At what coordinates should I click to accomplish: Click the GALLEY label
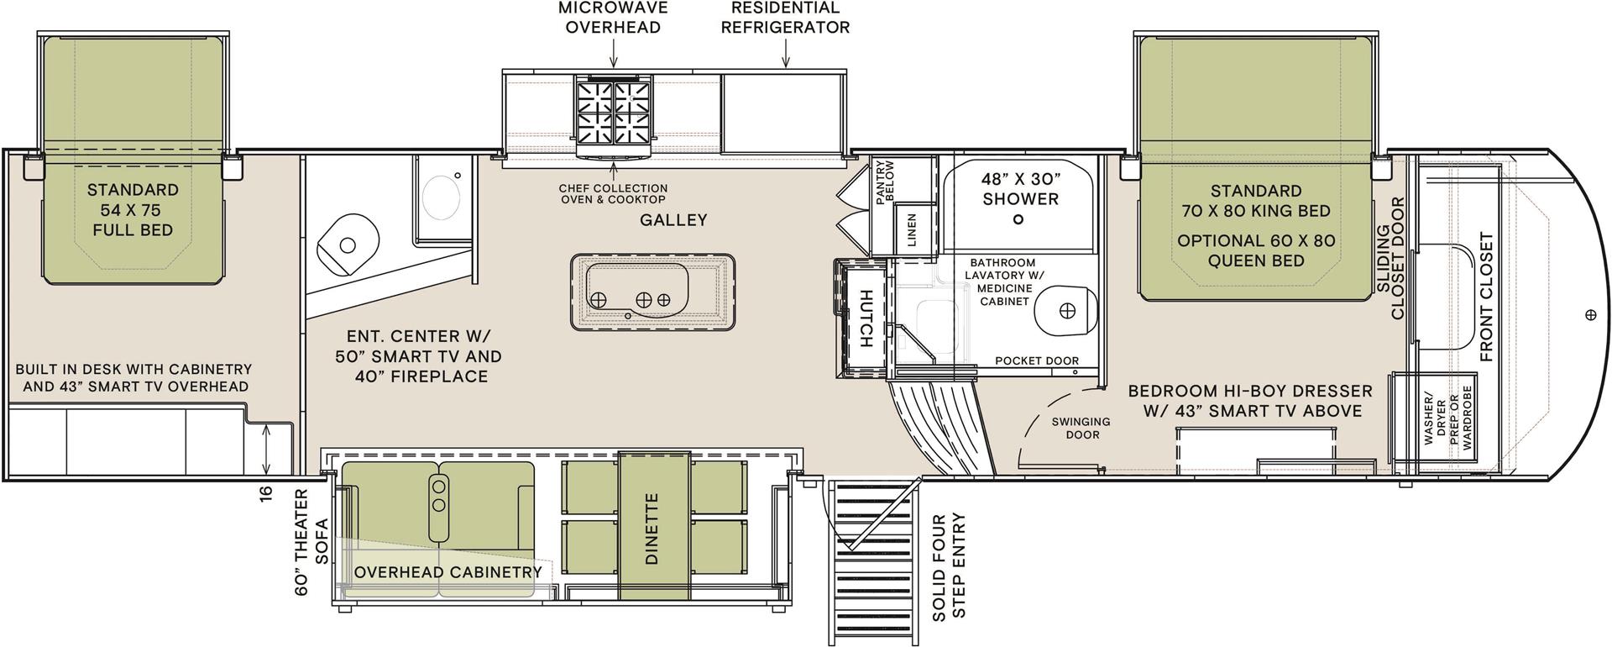pos(673,220)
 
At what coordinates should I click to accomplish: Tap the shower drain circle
pos(1018,219)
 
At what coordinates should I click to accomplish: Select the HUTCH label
pos(864,318)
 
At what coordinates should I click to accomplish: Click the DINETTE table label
pos(653,528)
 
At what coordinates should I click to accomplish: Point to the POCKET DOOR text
pos(1036,360)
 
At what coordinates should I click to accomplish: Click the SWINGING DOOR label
pos(1082,428)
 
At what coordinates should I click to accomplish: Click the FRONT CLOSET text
pos(1487,297)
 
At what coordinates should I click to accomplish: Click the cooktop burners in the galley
pos(614,111)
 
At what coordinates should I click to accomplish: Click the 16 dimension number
pos(268,494)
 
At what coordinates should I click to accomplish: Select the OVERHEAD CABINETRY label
pos(447,572)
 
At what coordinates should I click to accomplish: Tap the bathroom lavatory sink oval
pos(1066,310)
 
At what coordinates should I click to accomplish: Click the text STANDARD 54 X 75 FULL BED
pos(133,210)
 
